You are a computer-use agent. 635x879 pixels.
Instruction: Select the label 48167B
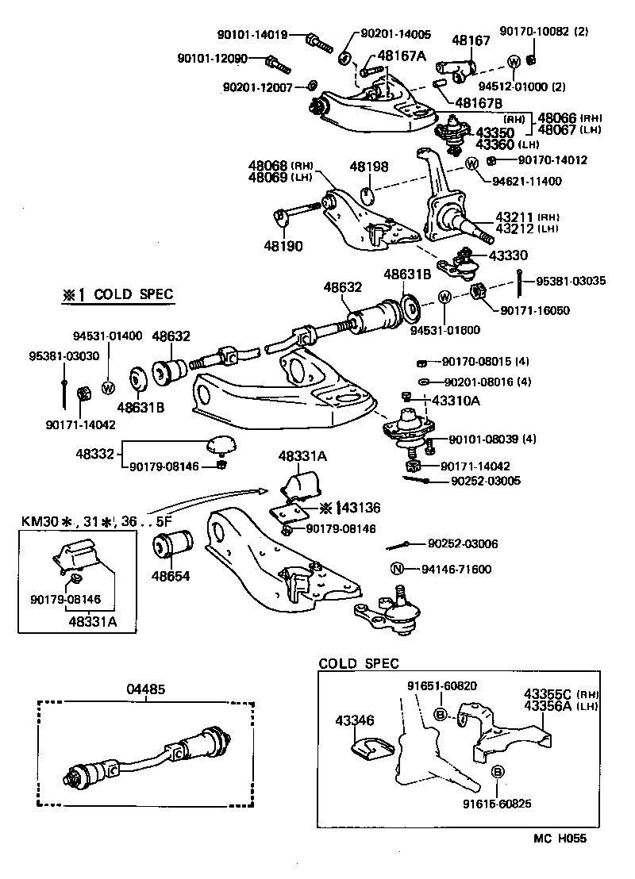(x=479, y=102)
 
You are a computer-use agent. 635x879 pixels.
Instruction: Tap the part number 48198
(x=369, y=167)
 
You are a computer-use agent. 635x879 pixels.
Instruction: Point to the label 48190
(x=283, y=246)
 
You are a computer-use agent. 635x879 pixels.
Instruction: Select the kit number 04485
(x=146, y=689)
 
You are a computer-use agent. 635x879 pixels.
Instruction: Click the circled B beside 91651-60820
(x=439, y=715)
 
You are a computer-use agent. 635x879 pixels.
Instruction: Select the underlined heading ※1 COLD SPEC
(x=117, y=295)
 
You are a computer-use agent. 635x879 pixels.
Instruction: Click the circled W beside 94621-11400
(x=471, y=164)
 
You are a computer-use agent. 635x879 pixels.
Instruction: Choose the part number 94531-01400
(x=108, y=336)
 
